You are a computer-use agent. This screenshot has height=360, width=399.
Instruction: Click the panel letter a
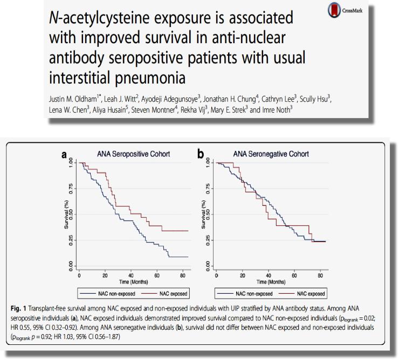(x=64, y=155)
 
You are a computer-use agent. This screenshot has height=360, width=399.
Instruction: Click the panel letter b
(x=201, y=155)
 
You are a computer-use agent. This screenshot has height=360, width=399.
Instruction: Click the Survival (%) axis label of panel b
(x=204, y=214)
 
